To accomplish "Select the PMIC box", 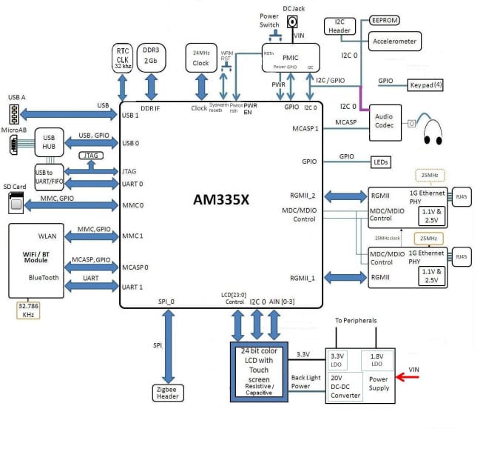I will pos(290,57).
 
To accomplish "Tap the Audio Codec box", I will pos(385,122).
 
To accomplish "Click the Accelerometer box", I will pos(394,41).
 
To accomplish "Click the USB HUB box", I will pos(50,142).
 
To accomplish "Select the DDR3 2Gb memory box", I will pos(152,55).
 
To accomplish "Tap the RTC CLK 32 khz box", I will pos(123,56).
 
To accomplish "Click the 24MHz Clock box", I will pos(200,58).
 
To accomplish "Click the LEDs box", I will pos(379,162).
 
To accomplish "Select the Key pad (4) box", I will pos(426,84).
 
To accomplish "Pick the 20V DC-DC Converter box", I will pos(345,386).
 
